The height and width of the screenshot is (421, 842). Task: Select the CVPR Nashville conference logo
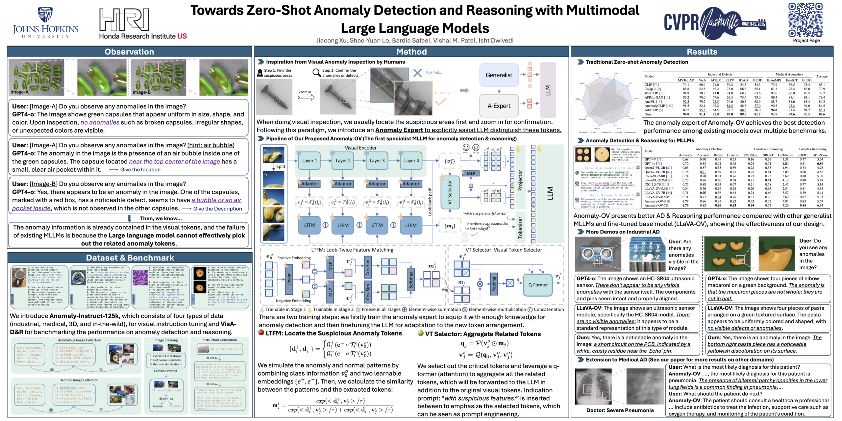click(715, 22)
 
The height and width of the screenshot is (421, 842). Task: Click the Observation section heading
click(129, 52)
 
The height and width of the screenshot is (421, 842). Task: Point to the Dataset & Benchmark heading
click(130, 258)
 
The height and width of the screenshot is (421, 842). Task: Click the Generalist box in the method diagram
click(499, 75)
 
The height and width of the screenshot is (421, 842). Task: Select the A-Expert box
click(499, 106)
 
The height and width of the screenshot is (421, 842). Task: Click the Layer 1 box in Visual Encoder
click(310, 161)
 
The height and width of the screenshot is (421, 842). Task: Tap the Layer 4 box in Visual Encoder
click(411, 161)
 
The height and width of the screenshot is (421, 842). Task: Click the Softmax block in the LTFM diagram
click(410, 280)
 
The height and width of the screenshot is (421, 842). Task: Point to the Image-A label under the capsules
click(19, 92)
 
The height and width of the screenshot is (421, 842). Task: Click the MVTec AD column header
click(685, 80)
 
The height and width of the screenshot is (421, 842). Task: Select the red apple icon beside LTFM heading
click(261, 333)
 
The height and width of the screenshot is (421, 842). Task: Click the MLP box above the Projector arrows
click(471, 173)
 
